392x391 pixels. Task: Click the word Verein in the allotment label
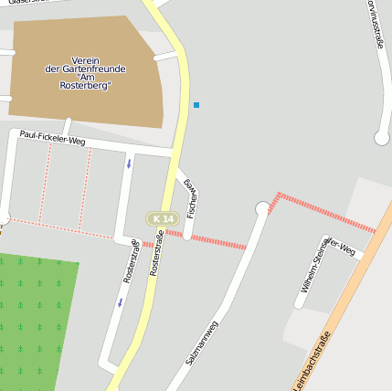coord(85,59)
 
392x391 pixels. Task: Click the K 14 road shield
coord(163,219)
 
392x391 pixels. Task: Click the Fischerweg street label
coord(191,198)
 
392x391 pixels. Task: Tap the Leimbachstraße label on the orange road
coord(313,360)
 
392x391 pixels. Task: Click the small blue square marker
coord(196,105)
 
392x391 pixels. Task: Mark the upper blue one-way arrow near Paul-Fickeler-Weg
coord(129,164)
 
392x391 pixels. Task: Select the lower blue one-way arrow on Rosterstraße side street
coord(120,302)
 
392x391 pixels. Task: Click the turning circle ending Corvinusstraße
coord(382,138)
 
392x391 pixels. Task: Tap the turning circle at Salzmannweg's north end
coord(263,210)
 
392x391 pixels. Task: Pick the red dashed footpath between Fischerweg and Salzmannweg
coord(218,241)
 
